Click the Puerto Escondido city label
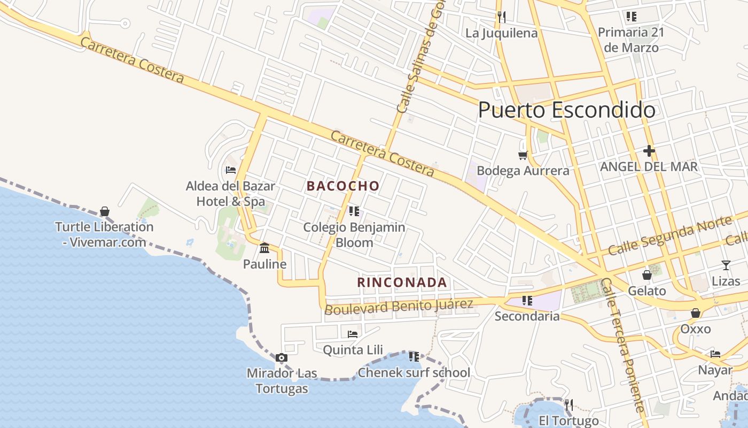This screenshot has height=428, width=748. pyautogui.click(x=566, y=110)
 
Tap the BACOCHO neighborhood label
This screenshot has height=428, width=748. pyautogui.click(x=343, y=186)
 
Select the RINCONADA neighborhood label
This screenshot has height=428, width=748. pyautogui.click(x=402, y=282)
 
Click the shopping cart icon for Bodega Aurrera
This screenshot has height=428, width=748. pyautogui.click(x=523, y=156)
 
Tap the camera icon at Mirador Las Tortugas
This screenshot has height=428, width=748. pyautogui.click(x=282, y=357)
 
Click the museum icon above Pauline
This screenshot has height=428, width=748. pyautogui.click(x=264, y=248)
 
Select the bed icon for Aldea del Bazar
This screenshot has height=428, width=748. pyautogui.click(x=231, y=170)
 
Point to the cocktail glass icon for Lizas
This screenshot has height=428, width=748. pyautogui.click(x=726, y=265)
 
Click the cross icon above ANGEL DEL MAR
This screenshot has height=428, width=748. pyautogui.click(x=649, y=151)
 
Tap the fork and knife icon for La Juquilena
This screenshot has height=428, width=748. pyautogui.click(x=501, y=17)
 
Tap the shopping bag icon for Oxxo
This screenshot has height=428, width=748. pyautogui.click(x=695, y=313)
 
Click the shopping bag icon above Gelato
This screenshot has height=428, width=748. pyautogui.click(x=646, y=276)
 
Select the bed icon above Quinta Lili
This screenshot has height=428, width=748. pyautogui.click(x=353, y=334)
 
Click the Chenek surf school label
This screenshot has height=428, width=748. pyautogui.click(x=414, y=372)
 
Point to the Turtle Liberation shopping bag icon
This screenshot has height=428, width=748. pyautogui.click(x=105, y=211)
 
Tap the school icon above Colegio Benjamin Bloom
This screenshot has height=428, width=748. pyautogui.click(x=354, y=211)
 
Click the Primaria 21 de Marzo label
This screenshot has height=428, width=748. pyautogui.click(x=631, y=40)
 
